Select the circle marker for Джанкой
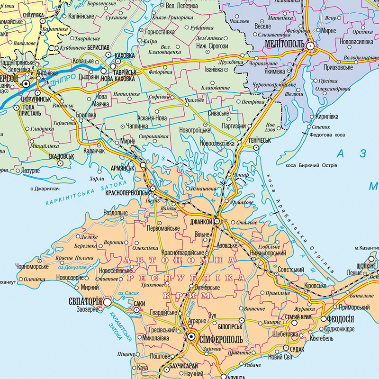coord(217,221)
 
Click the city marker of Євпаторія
coord(108,301)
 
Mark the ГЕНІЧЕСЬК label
coord(259,141)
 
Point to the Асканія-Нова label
coord(152,118)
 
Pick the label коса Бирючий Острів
coord(311,165)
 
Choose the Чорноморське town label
coord(32,266)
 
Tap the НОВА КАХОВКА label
coord(118,79)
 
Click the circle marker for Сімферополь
coord(191,336)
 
